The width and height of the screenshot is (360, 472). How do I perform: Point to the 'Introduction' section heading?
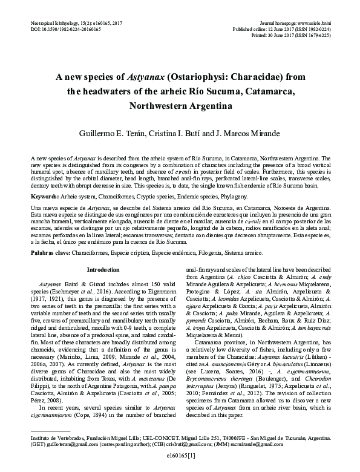point(103,269)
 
